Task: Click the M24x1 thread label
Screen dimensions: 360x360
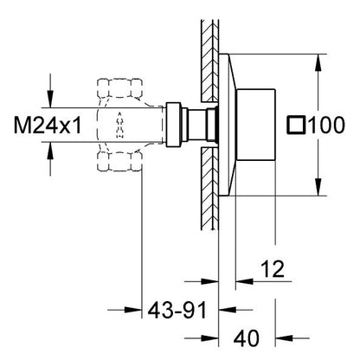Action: [x=48, y=125]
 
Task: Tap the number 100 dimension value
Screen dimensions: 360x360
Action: [x=326, y=125]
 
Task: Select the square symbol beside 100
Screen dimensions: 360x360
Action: [x=296, y=125]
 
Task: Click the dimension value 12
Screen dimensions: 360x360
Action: [x=273, y=269]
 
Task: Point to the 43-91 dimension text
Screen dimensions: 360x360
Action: [x=177, y=311]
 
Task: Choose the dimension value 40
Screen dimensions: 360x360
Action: [x=247, y=338]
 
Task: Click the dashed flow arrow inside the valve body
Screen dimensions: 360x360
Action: [x=119, y=124]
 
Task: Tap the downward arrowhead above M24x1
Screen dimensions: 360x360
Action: [x=50, y=99]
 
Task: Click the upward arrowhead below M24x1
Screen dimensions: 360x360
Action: [x=50, y=151]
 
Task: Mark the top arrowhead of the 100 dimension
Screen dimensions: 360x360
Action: [x=318, y=62]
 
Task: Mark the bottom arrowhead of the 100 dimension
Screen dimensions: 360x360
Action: [x=318, y=187]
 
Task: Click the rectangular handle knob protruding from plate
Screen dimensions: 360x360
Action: [x=256, y=125]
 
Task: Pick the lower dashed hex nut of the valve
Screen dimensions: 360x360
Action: [x=119, y=161]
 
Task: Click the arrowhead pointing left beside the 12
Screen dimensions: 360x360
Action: [x=244, y=280]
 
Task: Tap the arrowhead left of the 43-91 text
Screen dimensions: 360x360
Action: [x=133, y=310]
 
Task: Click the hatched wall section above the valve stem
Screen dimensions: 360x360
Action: [x=209, y=61]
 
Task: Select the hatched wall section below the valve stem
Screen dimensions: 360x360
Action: [x=209, y=189]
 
